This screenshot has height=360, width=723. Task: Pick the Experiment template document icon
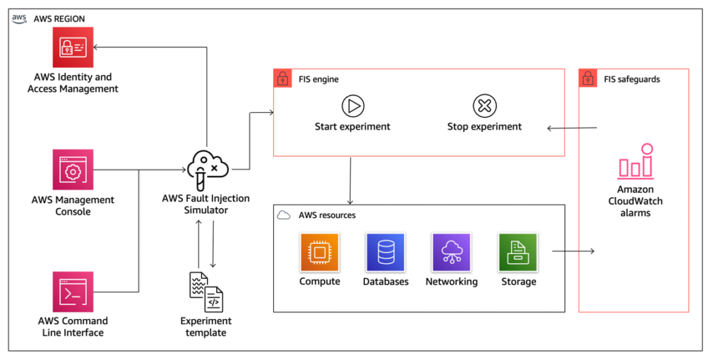point(206,292)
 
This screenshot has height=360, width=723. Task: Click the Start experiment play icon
point(352,107)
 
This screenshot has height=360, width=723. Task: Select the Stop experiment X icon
point(484,107)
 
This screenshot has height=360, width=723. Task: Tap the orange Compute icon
point(320,252)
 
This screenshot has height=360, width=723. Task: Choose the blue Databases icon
point(385,252)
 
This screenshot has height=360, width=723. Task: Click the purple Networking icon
point(451,252)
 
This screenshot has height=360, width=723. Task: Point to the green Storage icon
point(518,252)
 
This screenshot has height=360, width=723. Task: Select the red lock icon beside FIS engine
point(282,78)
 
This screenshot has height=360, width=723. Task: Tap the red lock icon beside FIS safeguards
point(587,78)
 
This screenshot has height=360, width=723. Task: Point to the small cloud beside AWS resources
point(284,215)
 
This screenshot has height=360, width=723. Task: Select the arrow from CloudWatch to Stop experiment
point(573,128)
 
